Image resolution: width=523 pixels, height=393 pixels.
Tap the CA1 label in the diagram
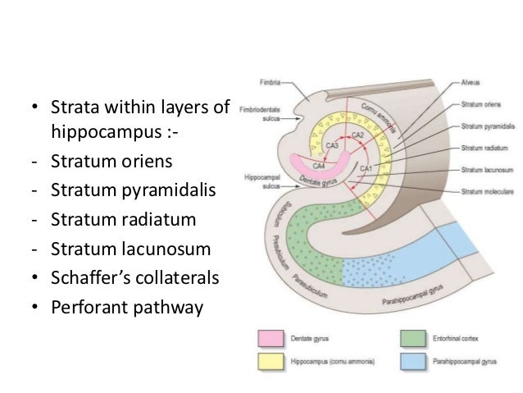click(366, 167)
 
